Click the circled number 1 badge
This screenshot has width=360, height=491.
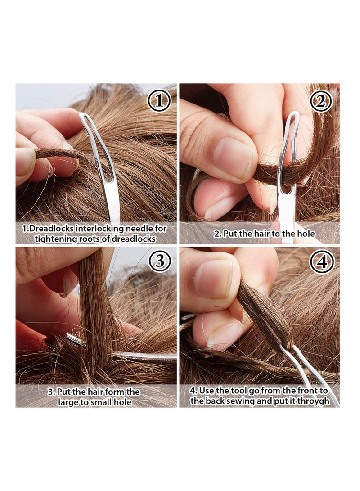pos(159,100)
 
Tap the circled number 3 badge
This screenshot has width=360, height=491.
pos(159,261)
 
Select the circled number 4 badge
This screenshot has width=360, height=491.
pos(321,261)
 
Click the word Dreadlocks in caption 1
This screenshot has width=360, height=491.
pos(51,229)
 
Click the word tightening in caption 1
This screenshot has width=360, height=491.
pos(54,239)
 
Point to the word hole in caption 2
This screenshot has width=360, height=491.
pos(306,234)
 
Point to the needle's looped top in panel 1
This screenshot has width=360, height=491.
pos(87,121)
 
